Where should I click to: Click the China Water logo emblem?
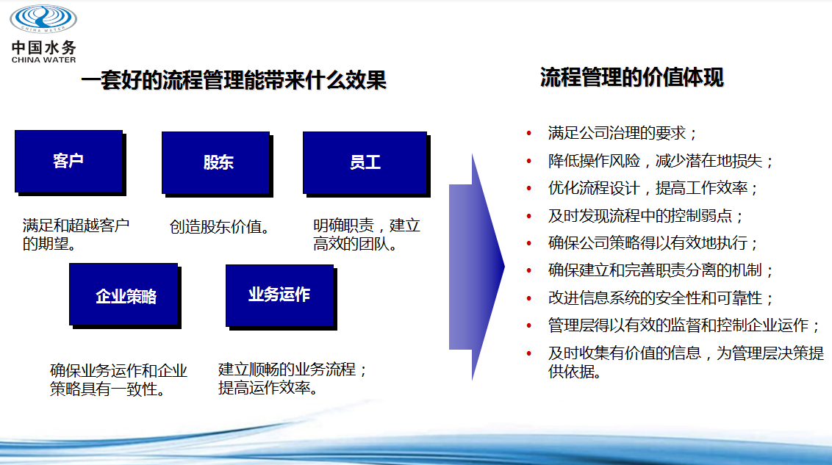[x=43, y=18]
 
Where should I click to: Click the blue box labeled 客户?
[x=69, y=161]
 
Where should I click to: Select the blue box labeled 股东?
[x=216, y=163]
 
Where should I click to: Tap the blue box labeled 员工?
[x=365, y=163]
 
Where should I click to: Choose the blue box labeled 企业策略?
[x=123, y=295]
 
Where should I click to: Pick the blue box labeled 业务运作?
[x=279, y=295]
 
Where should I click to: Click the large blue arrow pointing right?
[x=476, y=267]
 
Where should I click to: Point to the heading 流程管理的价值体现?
[x=631, y=77]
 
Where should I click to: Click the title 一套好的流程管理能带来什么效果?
[x=234, y=81]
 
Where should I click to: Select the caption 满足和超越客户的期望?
[x=76, y=234]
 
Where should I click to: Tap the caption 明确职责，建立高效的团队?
[x=367, y=234]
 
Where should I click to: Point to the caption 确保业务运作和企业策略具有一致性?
[x=118, y=380]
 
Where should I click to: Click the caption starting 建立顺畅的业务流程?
[x=293, y=378]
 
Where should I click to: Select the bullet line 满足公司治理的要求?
[x=623, y=132]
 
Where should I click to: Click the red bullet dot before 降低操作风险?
[x=529, y=161]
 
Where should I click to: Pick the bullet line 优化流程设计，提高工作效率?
[x=653, y=188]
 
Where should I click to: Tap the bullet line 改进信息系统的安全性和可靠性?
[x=661, y=298]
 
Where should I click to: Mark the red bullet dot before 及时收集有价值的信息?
[x=529, y=353]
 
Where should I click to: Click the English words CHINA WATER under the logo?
[x=43, y=60]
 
